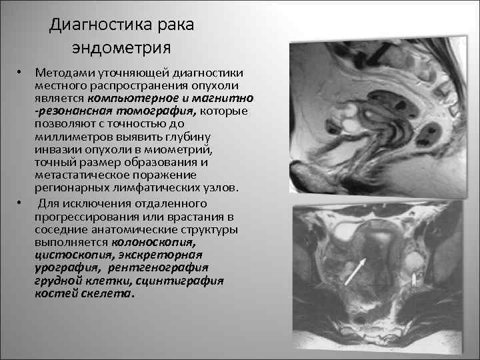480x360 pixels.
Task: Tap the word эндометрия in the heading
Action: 122,48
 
